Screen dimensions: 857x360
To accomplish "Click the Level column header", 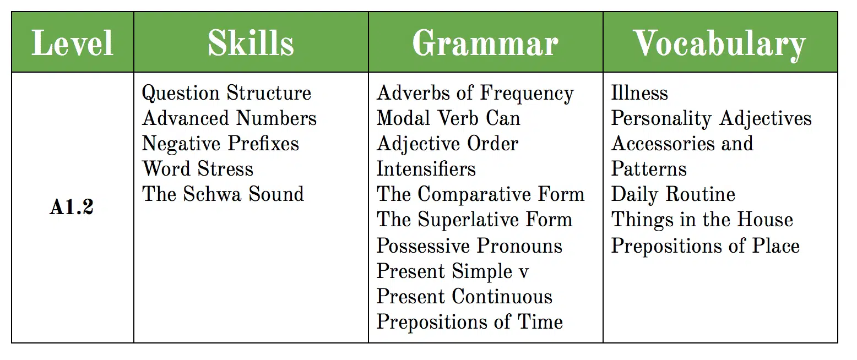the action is pos(72,43).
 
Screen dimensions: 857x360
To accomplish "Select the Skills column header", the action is pos(251,43).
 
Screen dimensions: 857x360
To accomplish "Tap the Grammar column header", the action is pos(485,43).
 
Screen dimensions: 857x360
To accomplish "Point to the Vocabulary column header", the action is pos(720,45).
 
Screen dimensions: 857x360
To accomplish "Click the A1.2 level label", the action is pos(72,207).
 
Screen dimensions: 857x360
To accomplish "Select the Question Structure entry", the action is pos(226,93).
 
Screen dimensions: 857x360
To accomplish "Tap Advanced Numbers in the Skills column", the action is pos(229,118).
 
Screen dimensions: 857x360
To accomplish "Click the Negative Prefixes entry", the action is pos(220,144).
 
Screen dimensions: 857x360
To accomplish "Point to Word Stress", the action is pos(198,168).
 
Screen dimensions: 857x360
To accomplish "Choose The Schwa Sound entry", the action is pos(223,194).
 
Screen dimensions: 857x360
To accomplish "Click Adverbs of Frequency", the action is pos(475,94).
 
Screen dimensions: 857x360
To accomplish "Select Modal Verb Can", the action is pos(448,118).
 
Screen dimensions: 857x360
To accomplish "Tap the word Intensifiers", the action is pos(426,168).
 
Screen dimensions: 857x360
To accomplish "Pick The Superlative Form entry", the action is pos(474,220).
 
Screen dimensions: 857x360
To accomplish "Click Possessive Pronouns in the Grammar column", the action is pos(469,246).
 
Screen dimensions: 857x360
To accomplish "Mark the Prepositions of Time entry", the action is pos(470,322).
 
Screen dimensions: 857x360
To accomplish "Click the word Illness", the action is pos(639,92).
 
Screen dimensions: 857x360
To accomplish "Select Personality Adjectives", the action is pos(711,118).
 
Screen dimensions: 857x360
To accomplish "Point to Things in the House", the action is pos(702,220).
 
